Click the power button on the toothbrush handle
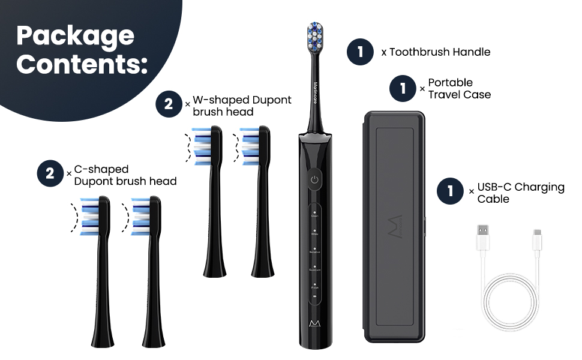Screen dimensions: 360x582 click(x=314, y=178)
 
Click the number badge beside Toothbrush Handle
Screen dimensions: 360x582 click(x=360, y=52)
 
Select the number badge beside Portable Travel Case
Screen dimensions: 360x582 click(x=403, y=89)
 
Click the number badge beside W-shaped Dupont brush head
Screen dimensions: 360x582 click(x=169, y=105)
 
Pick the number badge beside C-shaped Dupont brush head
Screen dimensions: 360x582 click(x=50, y=175)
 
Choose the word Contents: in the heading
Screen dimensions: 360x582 click(x=82, y=64)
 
